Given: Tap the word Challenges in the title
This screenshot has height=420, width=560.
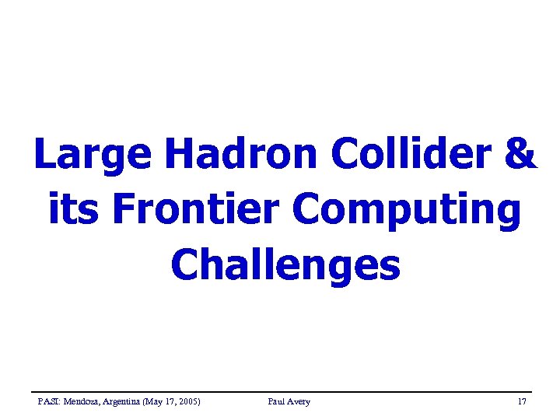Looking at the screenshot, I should pos(285,265).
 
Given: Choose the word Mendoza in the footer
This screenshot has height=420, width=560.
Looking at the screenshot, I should pos(80,401).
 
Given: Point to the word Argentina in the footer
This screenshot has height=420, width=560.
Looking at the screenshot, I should pos(121,401).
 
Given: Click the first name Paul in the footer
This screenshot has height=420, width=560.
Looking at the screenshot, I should pos(276,401).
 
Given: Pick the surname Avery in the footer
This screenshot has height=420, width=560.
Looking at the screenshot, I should pos(299,401).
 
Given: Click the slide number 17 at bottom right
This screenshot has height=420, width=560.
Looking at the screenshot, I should pos(522,401).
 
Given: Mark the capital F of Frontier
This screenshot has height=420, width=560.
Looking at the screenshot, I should pos(124,209).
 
